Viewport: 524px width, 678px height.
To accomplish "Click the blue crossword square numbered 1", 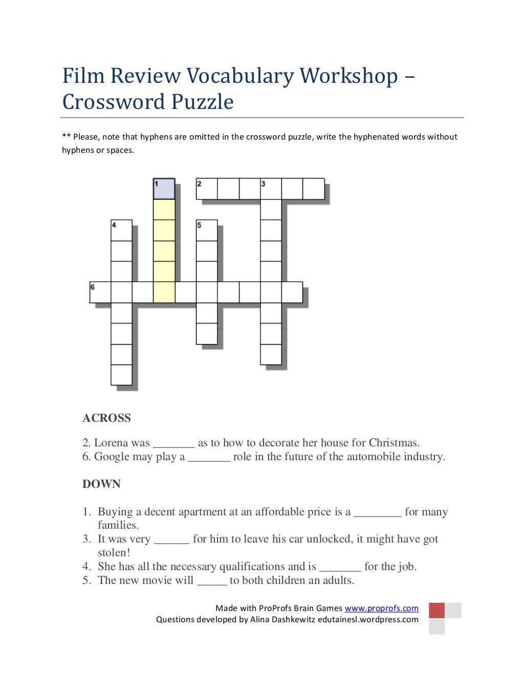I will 164,189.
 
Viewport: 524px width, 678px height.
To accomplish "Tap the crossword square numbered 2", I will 207,189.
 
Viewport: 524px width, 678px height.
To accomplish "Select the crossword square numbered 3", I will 271,189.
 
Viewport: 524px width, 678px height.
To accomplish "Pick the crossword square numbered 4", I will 121,231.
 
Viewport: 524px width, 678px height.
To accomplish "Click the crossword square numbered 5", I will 207,231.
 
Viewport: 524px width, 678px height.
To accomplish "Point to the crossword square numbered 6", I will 100,292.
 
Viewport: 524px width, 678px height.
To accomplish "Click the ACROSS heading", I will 106,418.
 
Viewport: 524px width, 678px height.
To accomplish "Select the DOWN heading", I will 101,484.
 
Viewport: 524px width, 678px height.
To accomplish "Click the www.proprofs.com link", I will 381,608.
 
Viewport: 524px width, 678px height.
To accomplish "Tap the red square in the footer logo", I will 436,611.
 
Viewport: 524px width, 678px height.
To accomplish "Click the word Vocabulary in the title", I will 240,76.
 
